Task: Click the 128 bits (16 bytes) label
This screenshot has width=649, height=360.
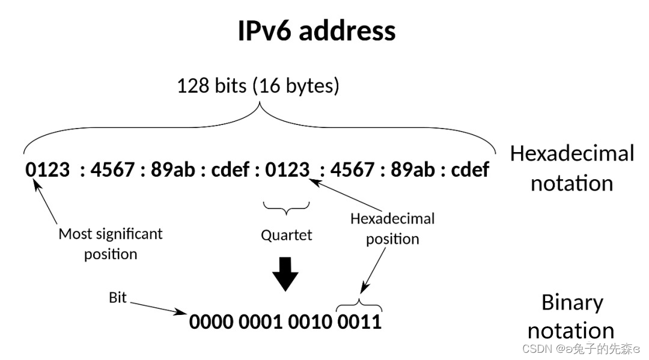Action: click(258, 86)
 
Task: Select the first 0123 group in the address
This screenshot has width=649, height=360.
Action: click(48, 170)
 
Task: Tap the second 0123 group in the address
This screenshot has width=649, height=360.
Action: click(288, 170)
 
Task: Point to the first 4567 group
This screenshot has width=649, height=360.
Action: click(112, 170)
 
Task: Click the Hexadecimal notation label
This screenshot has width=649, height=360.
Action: click(571, 168)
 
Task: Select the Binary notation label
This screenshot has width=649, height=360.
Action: click(571, 316)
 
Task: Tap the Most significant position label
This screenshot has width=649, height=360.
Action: click(111, 243)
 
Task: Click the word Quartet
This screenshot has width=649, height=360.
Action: click(287, 235)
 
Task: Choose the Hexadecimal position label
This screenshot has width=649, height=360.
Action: click(392, 228)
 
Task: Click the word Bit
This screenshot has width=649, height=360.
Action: click(118, 297)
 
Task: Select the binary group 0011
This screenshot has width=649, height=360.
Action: click(359, 322)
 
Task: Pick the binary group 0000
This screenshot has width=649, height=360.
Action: click(212, 322)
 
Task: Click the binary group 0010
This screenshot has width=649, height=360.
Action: click(310, 322)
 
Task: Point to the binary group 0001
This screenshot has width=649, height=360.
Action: click(261, 322)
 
